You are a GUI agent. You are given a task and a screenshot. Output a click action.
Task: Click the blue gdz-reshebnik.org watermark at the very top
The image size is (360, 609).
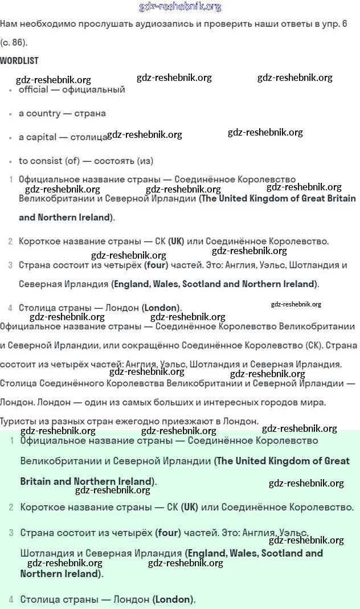[x=180, y=7]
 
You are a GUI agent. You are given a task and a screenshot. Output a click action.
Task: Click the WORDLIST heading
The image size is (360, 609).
[x=19, y=60]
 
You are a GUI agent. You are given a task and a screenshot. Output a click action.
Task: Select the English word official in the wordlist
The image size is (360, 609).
[x=34, y=89]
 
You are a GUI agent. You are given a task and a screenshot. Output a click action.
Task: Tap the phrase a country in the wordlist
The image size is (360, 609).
[x=39, y=113]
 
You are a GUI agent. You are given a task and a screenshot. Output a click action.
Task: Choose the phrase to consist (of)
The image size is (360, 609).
[x=51, y=161]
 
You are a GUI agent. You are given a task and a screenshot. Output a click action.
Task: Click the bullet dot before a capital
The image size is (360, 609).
[x=10, y=138]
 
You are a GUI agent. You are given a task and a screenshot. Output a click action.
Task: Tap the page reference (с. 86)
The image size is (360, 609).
[x=14, y=42]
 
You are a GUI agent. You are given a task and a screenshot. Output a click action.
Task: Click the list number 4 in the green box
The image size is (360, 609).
[x=11, y=599]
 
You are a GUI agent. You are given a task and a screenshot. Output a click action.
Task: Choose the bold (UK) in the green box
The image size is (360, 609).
[x=190, y=507]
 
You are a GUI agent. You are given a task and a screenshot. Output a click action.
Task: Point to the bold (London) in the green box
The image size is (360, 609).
[x=173, y=599]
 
